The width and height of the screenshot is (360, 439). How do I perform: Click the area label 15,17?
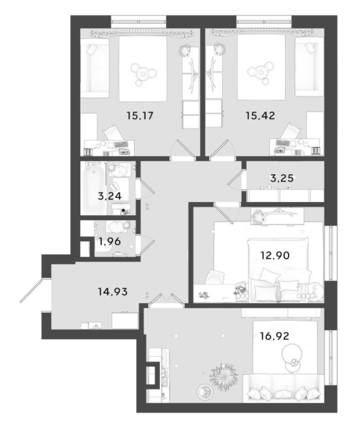click(x=141, y=115)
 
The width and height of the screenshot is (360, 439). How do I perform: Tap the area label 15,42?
click(x=260, y=115)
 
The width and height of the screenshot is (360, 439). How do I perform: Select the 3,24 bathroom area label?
click(x=109, y=196)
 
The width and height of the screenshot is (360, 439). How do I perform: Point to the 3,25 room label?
click(x=282, y=178)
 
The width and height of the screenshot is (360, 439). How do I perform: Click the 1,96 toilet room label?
click(x=109, y=241)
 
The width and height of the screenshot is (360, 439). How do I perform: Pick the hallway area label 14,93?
click(x=113, y=292)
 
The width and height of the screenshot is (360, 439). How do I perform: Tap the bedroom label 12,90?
click(x=275, y=255)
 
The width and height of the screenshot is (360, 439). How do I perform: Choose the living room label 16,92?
click(x=275, y=335)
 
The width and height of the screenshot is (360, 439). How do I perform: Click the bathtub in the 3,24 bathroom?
click(x=93, y=188)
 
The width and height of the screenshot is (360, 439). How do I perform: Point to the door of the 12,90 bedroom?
click(x=224, y=214)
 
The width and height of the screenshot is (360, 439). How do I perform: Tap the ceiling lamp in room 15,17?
click(x=143, y=74)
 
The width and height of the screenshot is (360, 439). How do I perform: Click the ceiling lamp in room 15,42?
click(x=261, y=73)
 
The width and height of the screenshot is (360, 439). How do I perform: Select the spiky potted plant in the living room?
click(x=223, y=375)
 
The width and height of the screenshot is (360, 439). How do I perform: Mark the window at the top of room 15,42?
click(x=264, y=21)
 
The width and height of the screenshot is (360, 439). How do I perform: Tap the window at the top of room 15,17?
click(x=139, y=21)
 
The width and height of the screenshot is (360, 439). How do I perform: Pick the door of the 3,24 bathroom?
click(x=146, y=186)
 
